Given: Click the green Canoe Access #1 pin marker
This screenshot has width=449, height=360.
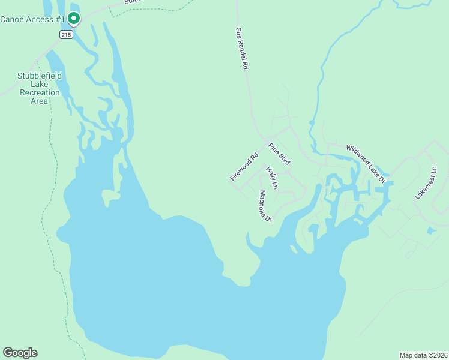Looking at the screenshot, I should coord(73,19).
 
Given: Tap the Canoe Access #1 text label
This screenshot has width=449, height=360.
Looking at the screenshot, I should coord(32,19).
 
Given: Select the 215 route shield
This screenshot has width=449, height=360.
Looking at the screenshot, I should coord(66,35).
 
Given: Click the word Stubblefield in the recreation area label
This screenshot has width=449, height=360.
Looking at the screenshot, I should coord(40,76).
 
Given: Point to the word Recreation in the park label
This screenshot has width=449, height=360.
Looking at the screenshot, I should coord(40,92).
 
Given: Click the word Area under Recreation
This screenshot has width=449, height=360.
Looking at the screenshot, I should coord(40,101).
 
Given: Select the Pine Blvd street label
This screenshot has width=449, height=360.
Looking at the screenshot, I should coord(279,154).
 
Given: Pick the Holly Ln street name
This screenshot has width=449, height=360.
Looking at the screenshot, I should coord(272,178).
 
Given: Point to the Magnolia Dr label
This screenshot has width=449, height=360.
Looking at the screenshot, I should coord(265,206).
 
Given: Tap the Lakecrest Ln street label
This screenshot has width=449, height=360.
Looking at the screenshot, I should coord(427,184).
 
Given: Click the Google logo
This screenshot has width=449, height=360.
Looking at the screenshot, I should coord(20,353).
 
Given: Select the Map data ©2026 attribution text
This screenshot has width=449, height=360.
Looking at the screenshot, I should coord(423,355).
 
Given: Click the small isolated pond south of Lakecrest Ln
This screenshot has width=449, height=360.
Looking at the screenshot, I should coord(432,230).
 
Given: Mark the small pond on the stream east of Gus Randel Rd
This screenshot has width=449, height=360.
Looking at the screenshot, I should coord(311,124).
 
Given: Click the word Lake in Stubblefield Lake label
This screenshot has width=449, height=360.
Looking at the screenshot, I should coord(40,84).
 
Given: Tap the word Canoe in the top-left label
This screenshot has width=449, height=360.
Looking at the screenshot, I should coord(12,19).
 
